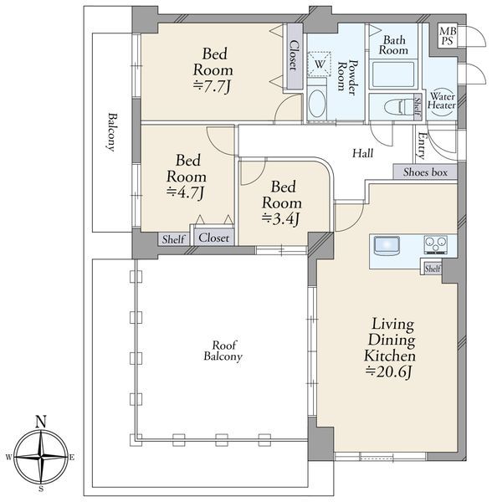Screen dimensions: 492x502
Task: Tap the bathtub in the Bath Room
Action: point(393,74)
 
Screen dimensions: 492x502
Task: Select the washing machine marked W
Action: point(319,64)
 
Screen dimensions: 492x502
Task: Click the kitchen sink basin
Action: point(387,245)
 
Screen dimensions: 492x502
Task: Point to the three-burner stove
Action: point(436,245)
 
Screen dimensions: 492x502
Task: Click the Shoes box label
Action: point(425,172)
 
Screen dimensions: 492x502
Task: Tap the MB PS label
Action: point(448,36)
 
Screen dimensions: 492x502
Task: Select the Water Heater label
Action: point(442,100)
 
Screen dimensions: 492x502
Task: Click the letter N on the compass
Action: point(41,422)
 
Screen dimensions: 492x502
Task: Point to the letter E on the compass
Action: point(72,458)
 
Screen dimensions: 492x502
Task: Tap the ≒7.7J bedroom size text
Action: point(212,86)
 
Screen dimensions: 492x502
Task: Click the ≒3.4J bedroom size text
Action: point(281,219)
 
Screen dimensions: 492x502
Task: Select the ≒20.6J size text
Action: point(388,372)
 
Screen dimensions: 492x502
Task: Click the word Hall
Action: point(363,153)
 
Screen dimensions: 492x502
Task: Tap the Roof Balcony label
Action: point(223,351)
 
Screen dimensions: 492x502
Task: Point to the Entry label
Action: point(421,146)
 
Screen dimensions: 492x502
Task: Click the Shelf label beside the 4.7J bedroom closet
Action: point(173,239)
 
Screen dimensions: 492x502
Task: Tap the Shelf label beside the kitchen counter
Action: point(433,269)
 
